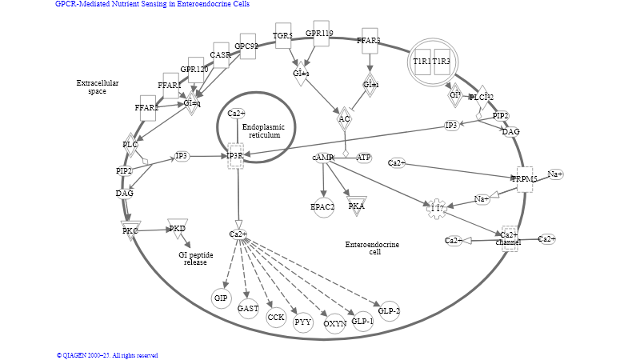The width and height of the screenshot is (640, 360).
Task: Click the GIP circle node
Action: coord(222,298)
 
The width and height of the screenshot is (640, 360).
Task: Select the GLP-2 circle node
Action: coord(390,310)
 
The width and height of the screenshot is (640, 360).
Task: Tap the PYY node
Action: coord(302,323)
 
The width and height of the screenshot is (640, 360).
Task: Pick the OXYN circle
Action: coord(335,323)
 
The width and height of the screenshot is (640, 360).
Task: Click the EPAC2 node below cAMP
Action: coord(323,206)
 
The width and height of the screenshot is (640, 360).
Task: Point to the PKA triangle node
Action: coord(357,206)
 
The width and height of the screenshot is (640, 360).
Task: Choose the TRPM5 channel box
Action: coord(525,179)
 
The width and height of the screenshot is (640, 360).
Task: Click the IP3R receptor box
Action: coord(235,155)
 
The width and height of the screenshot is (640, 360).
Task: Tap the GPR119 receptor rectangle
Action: coord(321,34)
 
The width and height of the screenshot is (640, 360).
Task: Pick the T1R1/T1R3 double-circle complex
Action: coord(432,62)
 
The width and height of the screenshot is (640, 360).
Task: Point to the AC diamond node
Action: coord(345,119)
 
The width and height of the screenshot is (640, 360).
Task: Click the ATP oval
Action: coord(364,158)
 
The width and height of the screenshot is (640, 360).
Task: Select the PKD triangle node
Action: coord(178,229)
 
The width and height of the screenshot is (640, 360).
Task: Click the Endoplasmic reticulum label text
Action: coord(264,131)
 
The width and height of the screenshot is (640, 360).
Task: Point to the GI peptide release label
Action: coord(195,258)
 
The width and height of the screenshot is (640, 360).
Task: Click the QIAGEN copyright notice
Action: coord(107,355)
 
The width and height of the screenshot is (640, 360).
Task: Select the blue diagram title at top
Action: coord(152,4)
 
